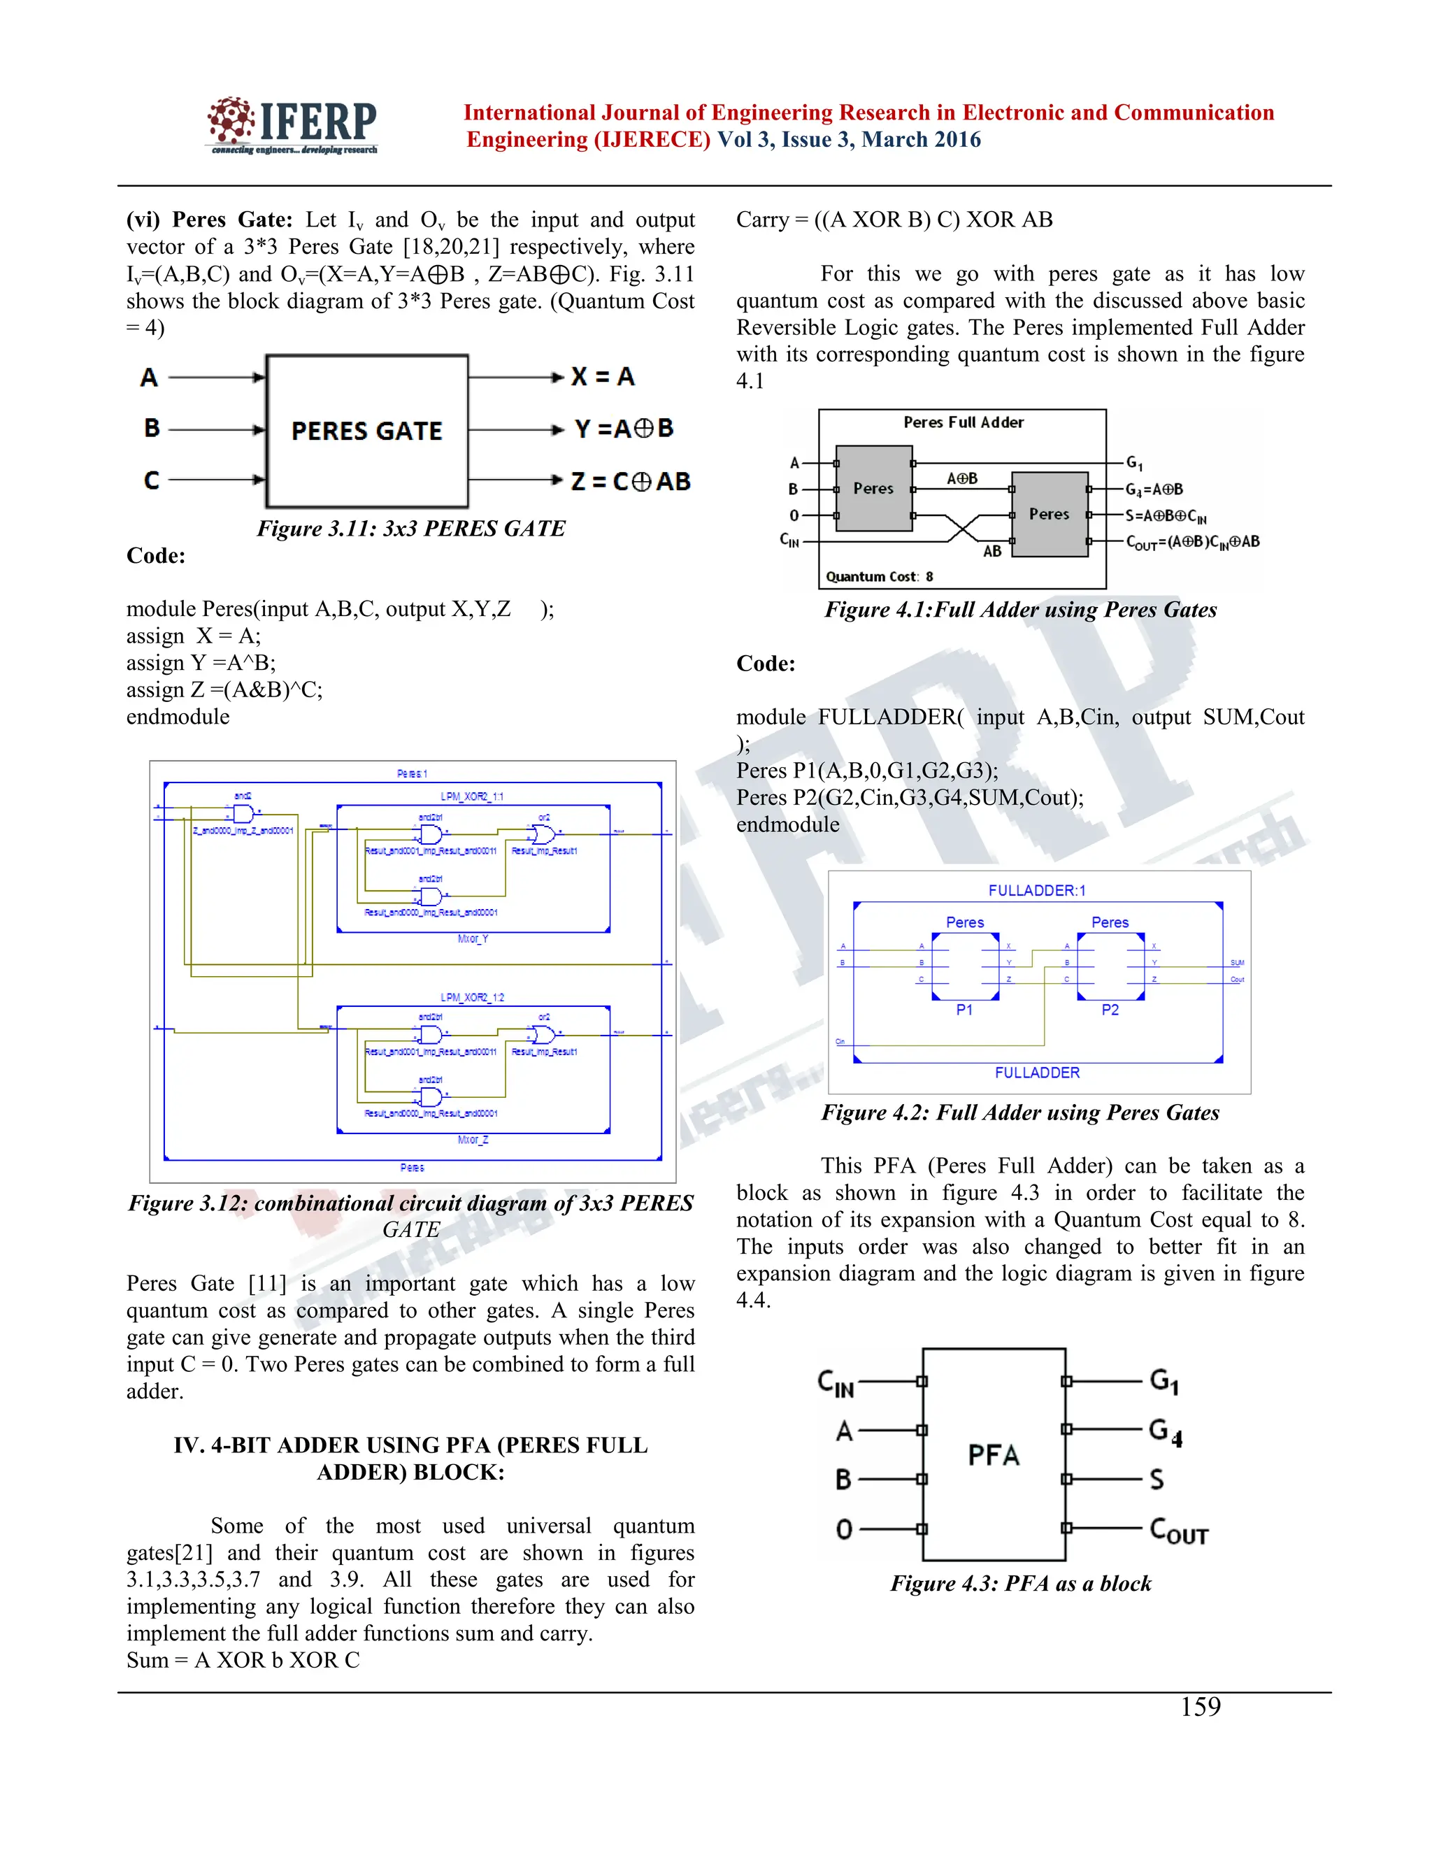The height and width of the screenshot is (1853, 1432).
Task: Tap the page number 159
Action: tap(1201, 1707)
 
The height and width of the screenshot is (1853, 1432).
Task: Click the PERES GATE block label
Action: tap(366, 431)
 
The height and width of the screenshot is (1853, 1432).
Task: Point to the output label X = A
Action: tap(602, 377)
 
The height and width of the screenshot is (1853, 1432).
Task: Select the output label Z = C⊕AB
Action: tap(630, 482)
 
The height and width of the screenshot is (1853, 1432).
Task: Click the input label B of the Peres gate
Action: tap(152, 428)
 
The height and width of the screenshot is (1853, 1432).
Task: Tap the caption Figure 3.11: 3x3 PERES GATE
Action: tap(410, 529)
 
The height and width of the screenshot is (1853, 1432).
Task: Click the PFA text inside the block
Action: tap(994, 1455)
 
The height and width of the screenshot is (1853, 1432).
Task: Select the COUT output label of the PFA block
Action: tap(1178, 1530)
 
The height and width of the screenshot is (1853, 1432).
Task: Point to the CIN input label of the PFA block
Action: tap(836, 1383)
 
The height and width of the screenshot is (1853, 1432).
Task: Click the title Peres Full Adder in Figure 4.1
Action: tap(963, 422)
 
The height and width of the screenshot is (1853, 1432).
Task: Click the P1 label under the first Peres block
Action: tap(964, 1010)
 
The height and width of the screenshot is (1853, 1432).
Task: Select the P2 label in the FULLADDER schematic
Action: tap(1110, 1010)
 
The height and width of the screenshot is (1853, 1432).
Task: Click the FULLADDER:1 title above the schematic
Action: tap(1037, 890)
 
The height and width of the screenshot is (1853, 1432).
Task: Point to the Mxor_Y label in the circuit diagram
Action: tap(473, 939)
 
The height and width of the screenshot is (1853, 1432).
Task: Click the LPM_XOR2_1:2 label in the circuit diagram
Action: tap(472, 997)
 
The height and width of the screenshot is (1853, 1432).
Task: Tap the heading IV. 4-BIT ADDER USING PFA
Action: tap(410, 1458)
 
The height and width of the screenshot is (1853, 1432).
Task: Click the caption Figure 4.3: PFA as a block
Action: tap(1021, 1583)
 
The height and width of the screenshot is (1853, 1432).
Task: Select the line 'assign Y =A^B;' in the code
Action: tap(201, 663)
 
